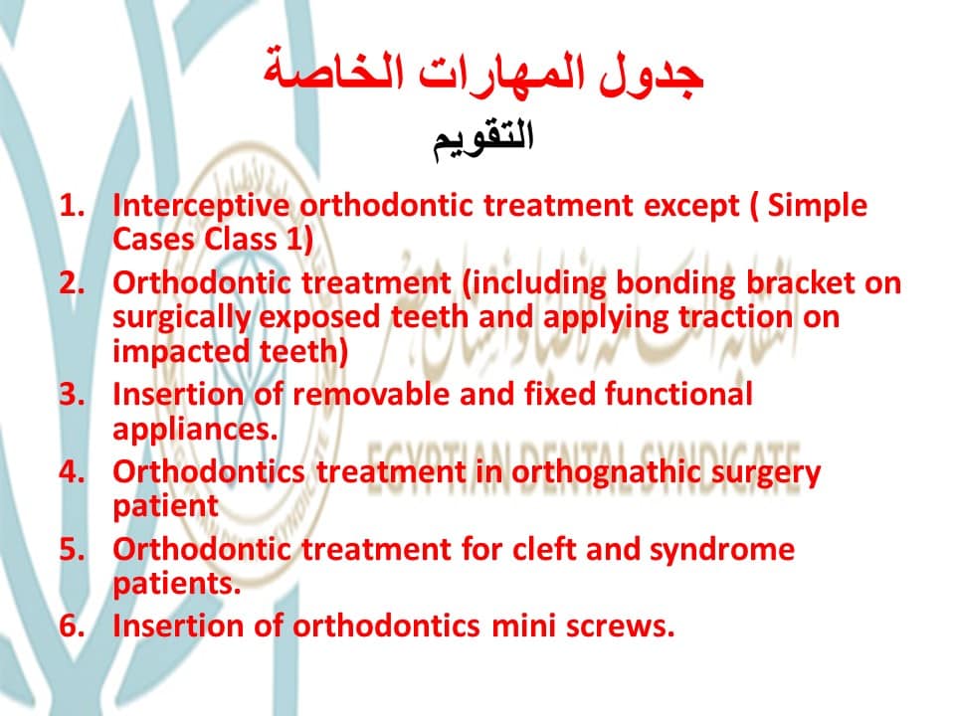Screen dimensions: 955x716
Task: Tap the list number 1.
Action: pos(72,206)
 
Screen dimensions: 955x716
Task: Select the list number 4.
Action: pos(73,471)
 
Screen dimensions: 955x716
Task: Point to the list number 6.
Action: pos(73,626)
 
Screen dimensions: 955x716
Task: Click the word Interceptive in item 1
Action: pos(201,206)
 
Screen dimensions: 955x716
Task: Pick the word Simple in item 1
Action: pos(817,206)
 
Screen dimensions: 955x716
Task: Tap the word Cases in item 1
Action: pos(154,239)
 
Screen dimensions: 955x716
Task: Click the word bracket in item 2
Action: pos(799,283)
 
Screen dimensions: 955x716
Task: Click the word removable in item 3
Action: pos(371,394)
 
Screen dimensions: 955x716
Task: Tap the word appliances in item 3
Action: pos(195,430)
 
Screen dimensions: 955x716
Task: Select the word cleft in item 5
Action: pos(544,549)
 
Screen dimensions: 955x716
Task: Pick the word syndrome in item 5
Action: pos(722,550)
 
